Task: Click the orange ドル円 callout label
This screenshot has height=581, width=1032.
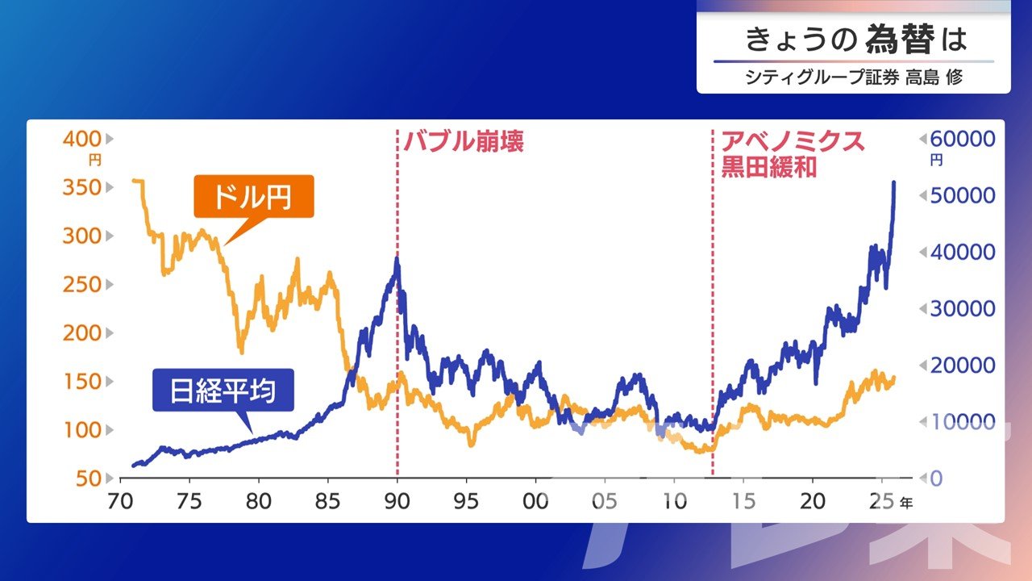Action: tap(253, 197)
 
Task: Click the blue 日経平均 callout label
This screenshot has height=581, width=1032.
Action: tap(223, 391)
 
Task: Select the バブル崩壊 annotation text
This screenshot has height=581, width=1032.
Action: tap(464, 143)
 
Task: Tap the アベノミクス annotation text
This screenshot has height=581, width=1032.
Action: tap(793, 142)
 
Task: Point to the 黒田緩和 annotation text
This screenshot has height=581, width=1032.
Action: tap(769, 167)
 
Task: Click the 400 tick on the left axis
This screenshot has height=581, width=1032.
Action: tap(81, 139)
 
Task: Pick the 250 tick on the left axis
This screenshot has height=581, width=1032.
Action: tap(81, 284)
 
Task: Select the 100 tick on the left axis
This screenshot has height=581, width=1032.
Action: tap(81, 429)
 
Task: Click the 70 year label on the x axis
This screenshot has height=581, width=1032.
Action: tap(120, 500)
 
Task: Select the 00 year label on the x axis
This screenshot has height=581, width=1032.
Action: tap(536, 500)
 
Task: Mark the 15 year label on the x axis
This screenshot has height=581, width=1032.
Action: tap(744, 500)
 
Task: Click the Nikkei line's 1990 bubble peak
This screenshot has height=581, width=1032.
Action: tap(397, 260)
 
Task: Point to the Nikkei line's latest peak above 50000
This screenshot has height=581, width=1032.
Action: tap(893, 183)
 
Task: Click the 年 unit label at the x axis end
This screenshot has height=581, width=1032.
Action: tap(906, 502)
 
